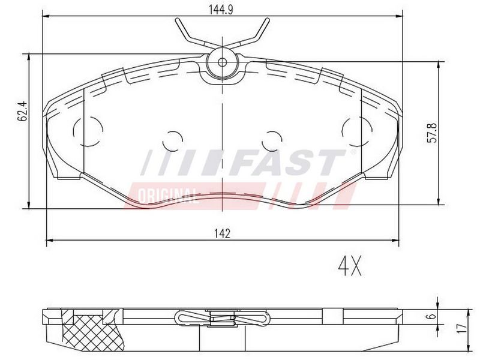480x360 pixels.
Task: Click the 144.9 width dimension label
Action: [x=221, y=10]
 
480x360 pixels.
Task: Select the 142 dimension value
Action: [x=222, y=233]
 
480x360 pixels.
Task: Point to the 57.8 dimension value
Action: [x=432, y=132]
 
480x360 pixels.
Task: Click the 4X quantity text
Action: [x=350, y=266]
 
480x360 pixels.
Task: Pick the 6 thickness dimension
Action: [x=431, y=316]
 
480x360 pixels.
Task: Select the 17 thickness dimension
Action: [x=462, y=328]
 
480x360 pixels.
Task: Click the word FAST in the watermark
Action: [x=288, y=163]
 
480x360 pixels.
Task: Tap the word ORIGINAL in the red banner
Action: [x=168, y=196]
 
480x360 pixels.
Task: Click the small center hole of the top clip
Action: [x=222, y=62]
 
